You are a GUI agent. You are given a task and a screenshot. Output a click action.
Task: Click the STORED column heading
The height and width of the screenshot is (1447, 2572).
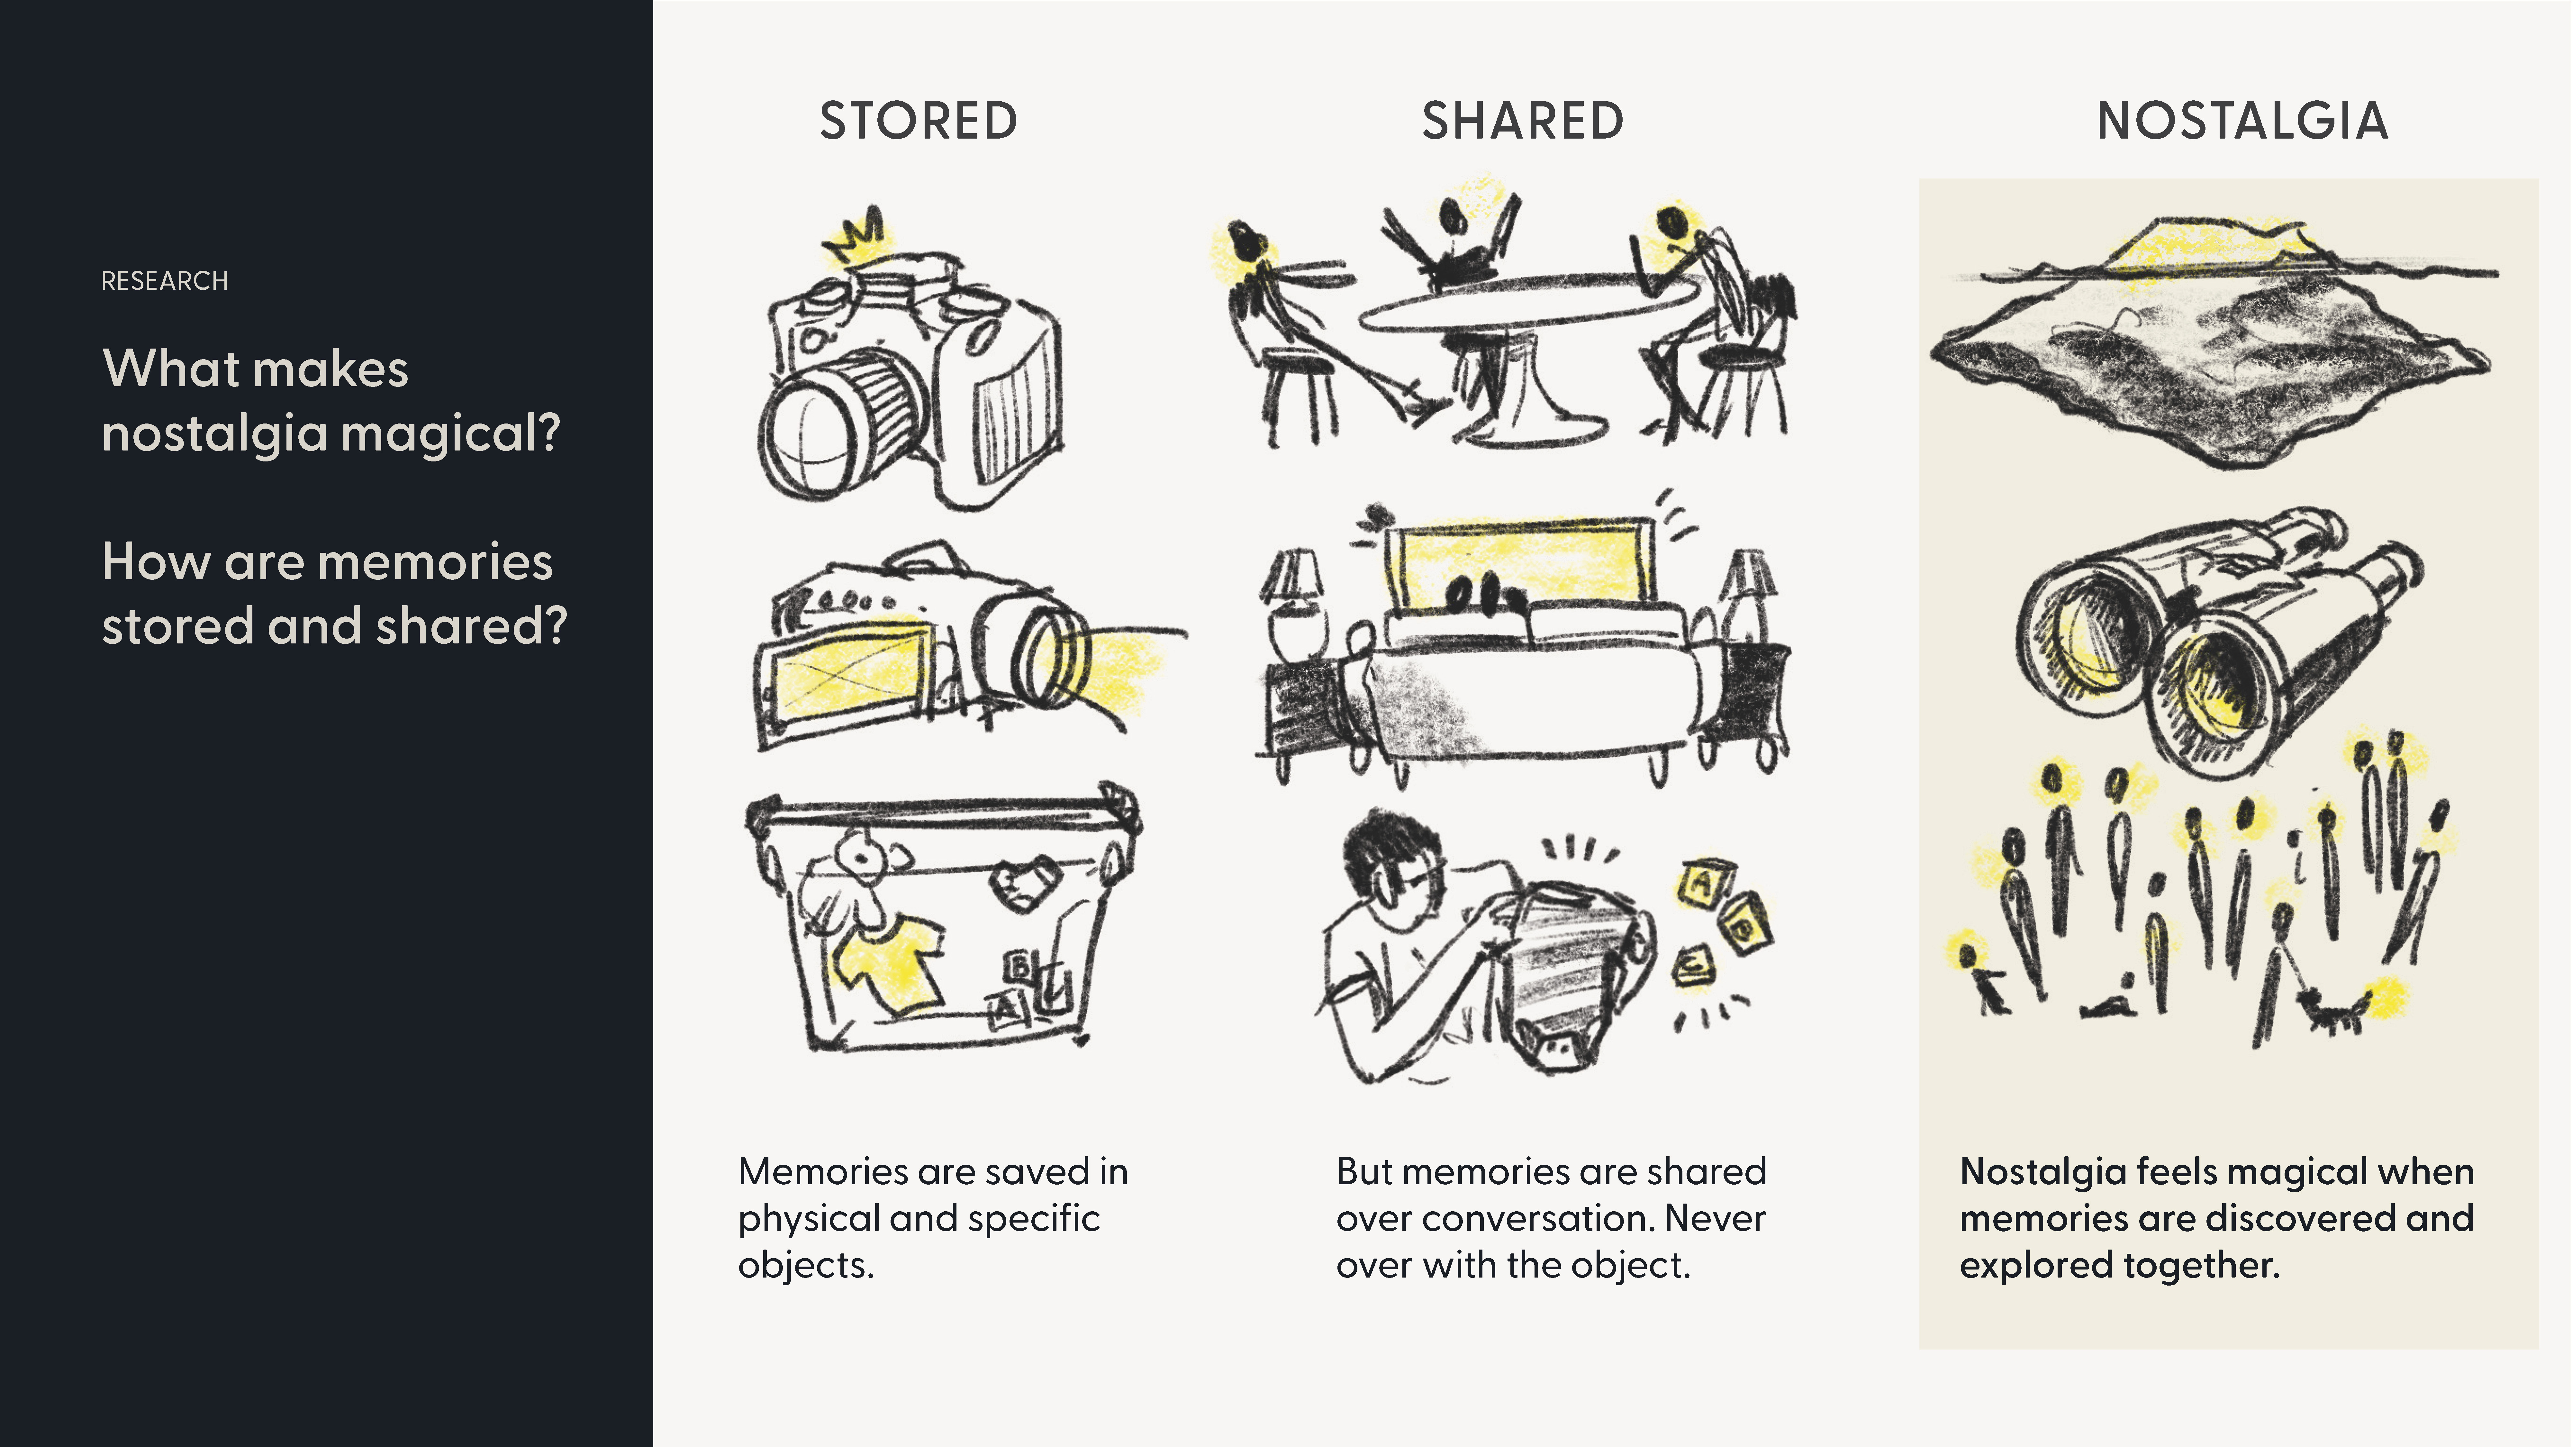pos(919,121)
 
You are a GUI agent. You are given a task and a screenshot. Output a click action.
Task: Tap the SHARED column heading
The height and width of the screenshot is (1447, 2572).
pos(1523,121)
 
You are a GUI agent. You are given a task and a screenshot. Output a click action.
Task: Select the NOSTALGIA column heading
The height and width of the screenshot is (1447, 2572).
pos(2241,121)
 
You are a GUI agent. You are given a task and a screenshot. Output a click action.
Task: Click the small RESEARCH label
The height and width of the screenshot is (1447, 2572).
pos(165,281)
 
